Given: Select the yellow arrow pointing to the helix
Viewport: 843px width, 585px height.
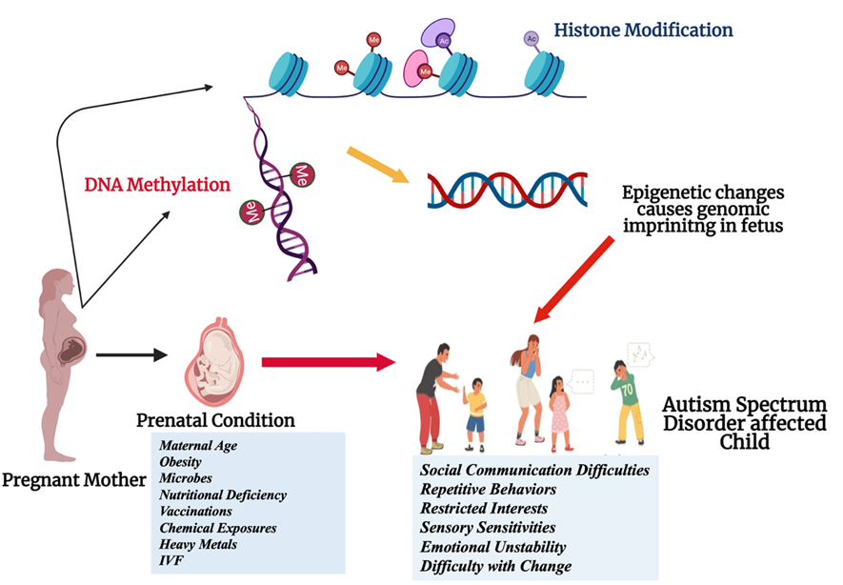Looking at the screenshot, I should tap(377, 163).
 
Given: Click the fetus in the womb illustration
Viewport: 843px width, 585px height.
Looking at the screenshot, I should tap(218, 363).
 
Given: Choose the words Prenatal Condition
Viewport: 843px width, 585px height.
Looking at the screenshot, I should tap(215, 419).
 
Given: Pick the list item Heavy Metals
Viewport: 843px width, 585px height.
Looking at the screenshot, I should tap(198, 544).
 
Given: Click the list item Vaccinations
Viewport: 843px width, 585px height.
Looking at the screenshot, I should tap(195, 512).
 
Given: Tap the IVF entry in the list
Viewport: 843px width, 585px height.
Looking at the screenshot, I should tap(171, 560).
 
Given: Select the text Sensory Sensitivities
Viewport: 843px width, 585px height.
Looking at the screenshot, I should tap(488, 527).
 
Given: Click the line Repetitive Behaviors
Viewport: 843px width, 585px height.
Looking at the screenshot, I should tap(489, 489).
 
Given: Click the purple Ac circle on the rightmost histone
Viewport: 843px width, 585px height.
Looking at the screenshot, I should tap(531, 39).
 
